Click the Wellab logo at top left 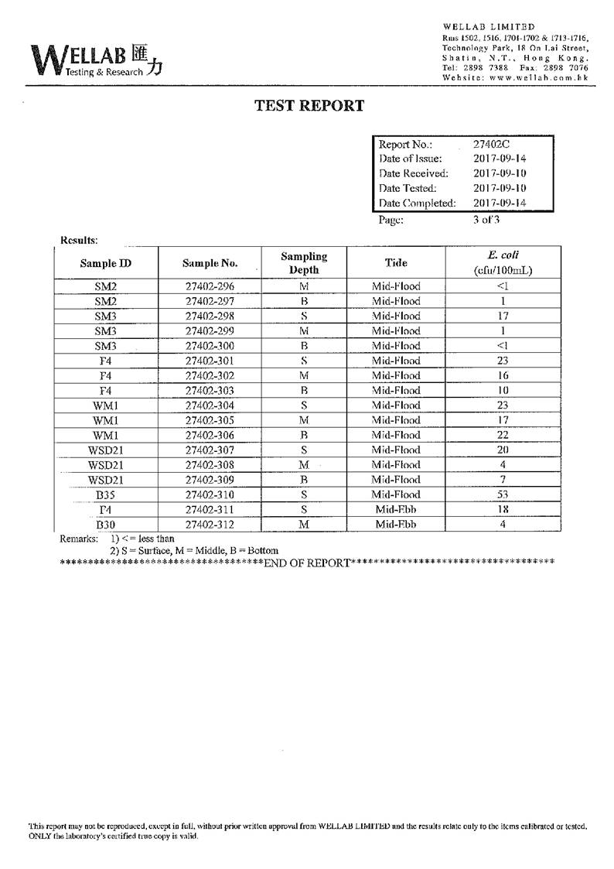[x=97, y=59]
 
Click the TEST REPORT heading [x=309, y=106]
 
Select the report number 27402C [x=491, y=144]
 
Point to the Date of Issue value [x=499, y=159]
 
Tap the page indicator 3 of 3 [x=487, y=219]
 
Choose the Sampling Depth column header [x=304, y=262]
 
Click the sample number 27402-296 [x=210, y=286]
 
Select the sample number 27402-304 [x=210, y=405]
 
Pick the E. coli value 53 [x=503, y=494]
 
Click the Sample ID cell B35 [x=105, y=494]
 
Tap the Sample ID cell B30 [x=105, y=525]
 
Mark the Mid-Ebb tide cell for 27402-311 [x=396, y=509]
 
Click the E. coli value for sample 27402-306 [x=503, y=435]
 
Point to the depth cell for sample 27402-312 [x=304, y=525]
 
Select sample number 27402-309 [x=210, y=480]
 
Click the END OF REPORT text [x=307, y=563]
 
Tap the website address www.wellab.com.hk [x=538, y=77]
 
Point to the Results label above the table [x=79, y=240]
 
